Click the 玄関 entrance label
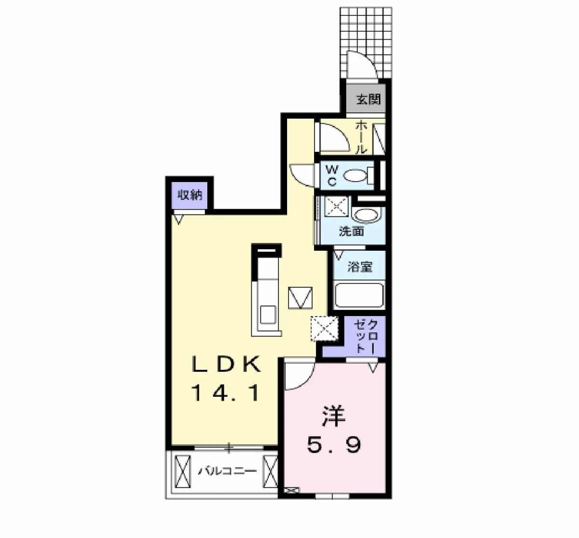tap(369, 99)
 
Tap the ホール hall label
tap(361, 137)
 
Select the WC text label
tap(331, 175)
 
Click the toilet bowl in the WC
tap(356, 175)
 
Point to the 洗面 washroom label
tap(351, 231)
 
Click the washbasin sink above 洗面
tap(366, 216)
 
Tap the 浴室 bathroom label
tap(360, 267)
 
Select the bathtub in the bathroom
tap(359, 295)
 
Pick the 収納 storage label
tap(190, 195)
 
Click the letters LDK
tap(226, 364)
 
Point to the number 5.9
tap(334, 445)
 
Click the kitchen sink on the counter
tap(268, 315)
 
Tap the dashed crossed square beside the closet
tap(325, 328)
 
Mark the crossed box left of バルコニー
tap(182, 471)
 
